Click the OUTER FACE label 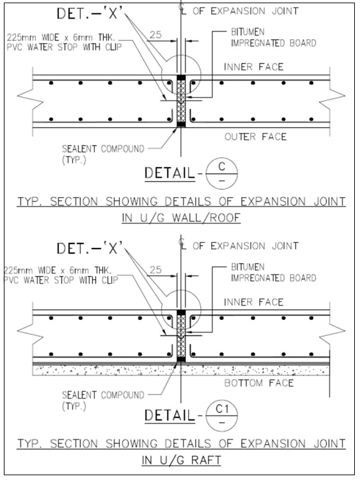click(255, 137)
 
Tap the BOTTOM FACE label click(259, 383)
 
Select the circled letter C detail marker click(221, 173)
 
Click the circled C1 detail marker click(221, 416)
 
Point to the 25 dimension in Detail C click(155, 35)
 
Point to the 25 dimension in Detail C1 click(155, 270)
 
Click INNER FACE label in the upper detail click(253, 67)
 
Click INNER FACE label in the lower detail click(253, 302)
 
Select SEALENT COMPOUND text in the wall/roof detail click(103, 154)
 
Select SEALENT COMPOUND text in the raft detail click(103, 400)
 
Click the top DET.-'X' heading click(91, 13)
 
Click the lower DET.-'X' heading click(90, 248)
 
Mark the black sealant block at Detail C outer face click(181, 124)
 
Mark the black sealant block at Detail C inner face click(181, 78)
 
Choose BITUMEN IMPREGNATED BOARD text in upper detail click(273, 37)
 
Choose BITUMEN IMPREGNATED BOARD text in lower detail click(273, 272)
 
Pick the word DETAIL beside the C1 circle click(169, 415)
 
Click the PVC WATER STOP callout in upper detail click(64, 42)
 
